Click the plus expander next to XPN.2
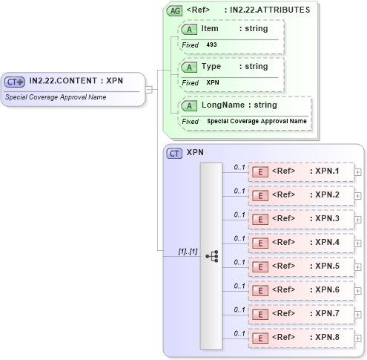358,196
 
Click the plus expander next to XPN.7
358,315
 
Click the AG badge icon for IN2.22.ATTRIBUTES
174,10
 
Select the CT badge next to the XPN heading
175,153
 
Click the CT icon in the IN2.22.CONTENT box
15,82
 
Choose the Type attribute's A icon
190,67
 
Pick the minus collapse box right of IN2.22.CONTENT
149,89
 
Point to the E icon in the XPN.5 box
260,266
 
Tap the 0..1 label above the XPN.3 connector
239,215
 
